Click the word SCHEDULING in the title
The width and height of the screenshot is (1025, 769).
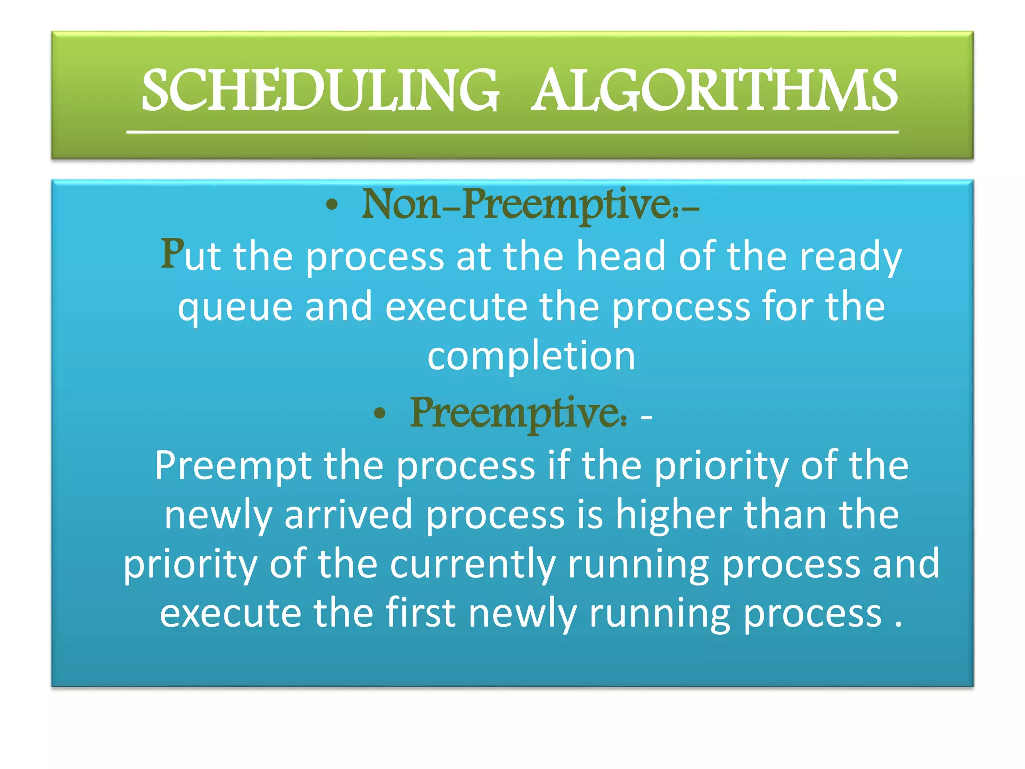[x=320, y=91]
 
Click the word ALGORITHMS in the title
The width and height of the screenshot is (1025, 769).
[x=714, y=91]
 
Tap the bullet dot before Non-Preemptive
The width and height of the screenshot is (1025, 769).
[x=332, y=205]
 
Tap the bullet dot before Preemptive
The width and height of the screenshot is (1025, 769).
[x=380, y=413]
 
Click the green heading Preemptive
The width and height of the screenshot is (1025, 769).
[x=518, y=413]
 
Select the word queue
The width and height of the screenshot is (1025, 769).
[x=235, y=307]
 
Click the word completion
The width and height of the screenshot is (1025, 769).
[x=531, y=356]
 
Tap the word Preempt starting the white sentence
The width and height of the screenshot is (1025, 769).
[x=233, y=466]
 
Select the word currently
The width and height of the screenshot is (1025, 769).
[x=472, y=564]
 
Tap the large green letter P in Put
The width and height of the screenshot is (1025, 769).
[x=172, y=254]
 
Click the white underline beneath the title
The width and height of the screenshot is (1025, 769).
[x=512, y=132]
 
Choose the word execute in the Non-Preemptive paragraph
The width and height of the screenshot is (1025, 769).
[x=456, y=307]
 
